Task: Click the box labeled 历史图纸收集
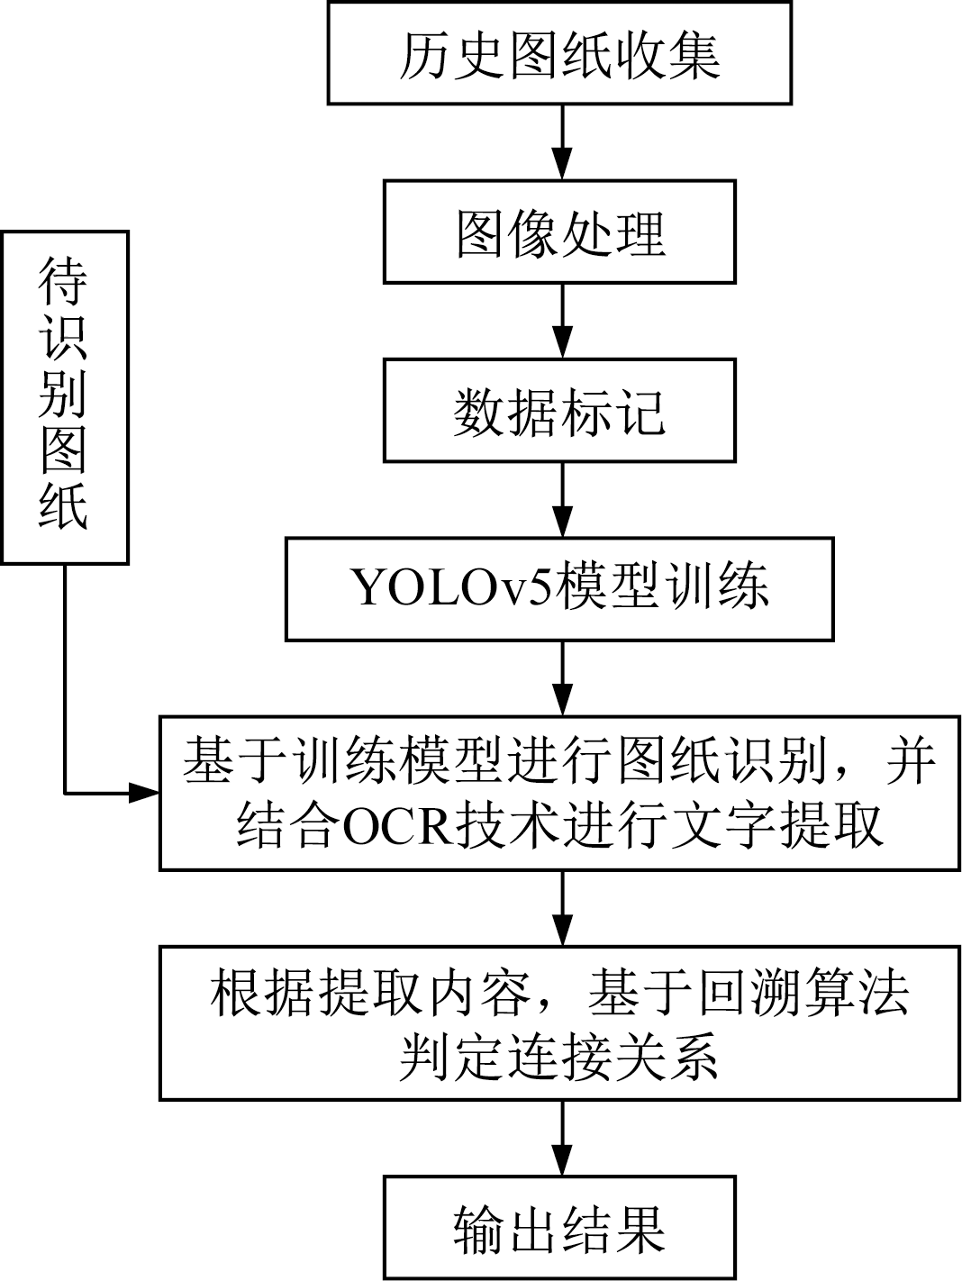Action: click(559, 54)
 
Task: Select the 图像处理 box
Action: click(559, 232)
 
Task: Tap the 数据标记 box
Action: click(559, 411)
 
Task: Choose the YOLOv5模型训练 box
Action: click(559, 589)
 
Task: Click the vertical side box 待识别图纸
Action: click(65, 397)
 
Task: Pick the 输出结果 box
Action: click(559, 1227)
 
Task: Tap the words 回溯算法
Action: click(792, 995)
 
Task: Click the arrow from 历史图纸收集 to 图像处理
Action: click(563, 142)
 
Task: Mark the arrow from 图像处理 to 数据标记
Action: click(563, 321)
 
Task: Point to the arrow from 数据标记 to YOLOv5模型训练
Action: click(563, 499)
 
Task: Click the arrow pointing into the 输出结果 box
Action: click(563, 1137)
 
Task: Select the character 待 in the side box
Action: click(65, 282)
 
